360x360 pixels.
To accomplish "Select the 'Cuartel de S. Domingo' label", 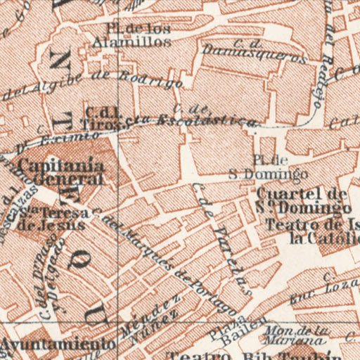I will [303, 201].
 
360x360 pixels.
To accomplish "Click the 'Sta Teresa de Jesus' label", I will [54, 219].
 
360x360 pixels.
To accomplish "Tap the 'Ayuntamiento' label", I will [58, 345].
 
